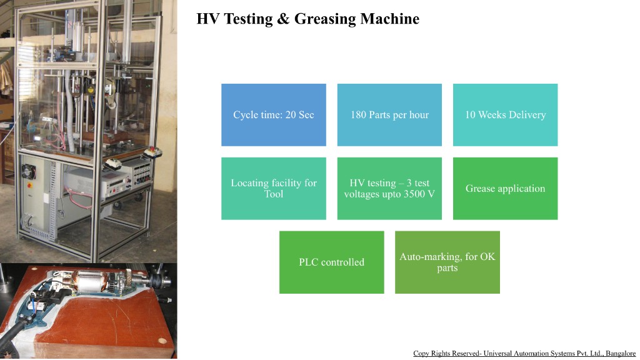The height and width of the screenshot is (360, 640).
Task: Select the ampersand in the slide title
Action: point(283,19)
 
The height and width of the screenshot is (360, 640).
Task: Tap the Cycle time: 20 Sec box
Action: point(274,115)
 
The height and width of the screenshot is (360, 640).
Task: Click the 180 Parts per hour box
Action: point(389,115)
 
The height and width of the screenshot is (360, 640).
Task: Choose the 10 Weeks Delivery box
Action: point(505,115)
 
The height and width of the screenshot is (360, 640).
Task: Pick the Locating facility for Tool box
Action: point(274,188)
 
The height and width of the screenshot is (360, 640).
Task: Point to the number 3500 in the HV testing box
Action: point(416,194)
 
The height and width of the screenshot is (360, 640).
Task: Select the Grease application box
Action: point(505,188)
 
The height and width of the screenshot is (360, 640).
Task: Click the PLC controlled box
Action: point(331,262)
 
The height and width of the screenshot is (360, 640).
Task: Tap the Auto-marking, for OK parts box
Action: point(447,262)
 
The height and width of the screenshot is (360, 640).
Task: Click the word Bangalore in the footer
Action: point(620,354)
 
